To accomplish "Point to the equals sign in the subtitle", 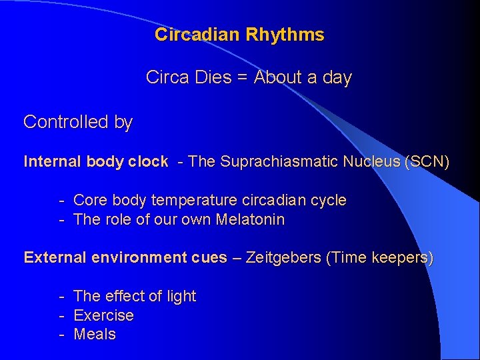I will (x=243, y=78).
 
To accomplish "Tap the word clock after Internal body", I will (x=148, y=161).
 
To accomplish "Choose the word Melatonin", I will (x=250, y=219).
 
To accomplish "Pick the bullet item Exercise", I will (x=103, y=315).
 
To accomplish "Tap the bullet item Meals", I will (x=95, y=334).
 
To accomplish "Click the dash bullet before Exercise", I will (x=61, y=315).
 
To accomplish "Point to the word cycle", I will (x=329, y=200).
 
